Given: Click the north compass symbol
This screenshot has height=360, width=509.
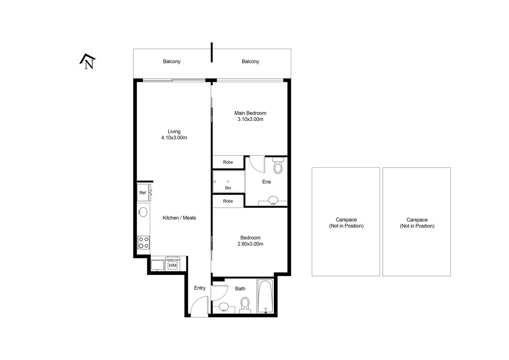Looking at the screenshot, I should pos(88,62).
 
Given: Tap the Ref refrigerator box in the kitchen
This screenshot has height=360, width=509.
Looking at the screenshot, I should pos(143,193).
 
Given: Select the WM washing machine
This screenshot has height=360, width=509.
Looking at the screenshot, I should pos(173,265).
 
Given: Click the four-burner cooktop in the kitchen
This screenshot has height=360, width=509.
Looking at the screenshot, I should pos(144,242).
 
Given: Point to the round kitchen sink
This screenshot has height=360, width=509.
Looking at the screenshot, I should pos(143,212).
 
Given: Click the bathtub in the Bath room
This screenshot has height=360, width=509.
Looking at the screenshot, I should pos(265,296).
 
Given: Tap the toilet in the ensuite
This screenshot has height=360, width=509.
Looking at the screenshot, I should pos(278,166).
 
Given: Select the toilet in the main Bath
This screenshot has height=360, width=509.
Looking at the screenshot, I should pos(245,305).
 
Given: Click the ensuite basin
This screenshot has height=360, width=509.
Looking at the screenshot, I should pos(273,200).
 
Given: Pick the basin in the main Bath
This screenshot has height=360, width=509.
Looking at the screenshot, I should pos(224,306).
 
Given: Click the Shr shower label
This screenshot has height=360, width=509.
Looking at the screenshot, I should pos(228,188).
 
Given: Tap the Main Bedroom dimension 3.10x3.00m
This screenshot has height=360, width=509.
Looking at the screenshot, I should pos(250,119).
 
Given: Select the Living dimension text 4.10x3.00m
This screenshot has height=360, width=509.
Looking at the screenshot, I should pos(174,138).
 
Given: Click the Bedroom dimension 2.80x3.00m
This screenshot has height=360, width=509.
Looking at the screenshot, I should pos(250,244).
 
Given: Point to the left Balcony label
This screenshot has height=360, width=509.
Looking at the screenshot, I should pos(172,61).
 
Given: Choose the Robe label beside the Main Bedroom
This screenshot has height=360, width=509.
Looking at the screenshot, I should pos(228,162).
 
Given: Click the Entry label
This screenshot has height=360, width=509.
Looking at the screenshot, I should pos(200,288).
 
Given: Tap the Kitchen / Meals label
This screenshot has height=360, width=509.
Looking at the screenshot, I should pos(179,218).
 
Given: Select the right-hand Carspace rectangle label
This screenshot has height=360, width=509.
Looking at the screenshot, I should pos(417,223).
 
